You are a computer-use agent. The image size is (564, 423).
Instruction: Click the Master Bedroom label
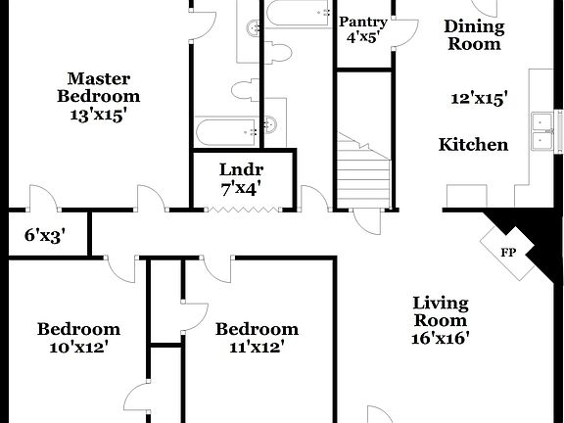(98, 87)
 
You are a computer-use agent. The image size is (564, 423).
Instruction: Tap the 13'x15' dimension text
(98, 114)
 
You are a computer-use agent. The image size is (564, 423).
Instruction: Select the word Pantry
(363, 22)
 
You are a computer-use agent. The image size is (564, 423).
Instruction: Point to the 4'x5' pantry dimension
(363, 39)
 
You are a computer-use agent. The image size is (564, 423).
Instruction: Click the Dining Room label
(473, 35)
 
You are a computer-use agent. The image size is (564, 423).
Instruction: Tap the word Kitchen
(473, 145)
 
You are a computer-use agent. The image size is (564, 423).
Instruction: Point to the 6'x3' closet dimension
(44, 234)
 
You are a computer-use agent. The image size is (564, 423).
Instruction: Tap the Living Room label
(440, 311)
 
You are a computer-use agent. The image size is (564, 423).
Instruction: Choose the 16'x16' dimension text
(440, 339)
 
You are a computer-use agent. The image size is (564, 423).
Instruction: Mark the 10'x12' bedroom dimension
(79, 346)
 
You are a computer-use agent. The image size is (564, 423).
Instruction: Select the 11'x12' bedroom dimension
(257, 346)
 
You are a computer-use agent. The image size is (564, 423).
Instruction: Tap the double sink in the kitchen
(543, 130)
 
